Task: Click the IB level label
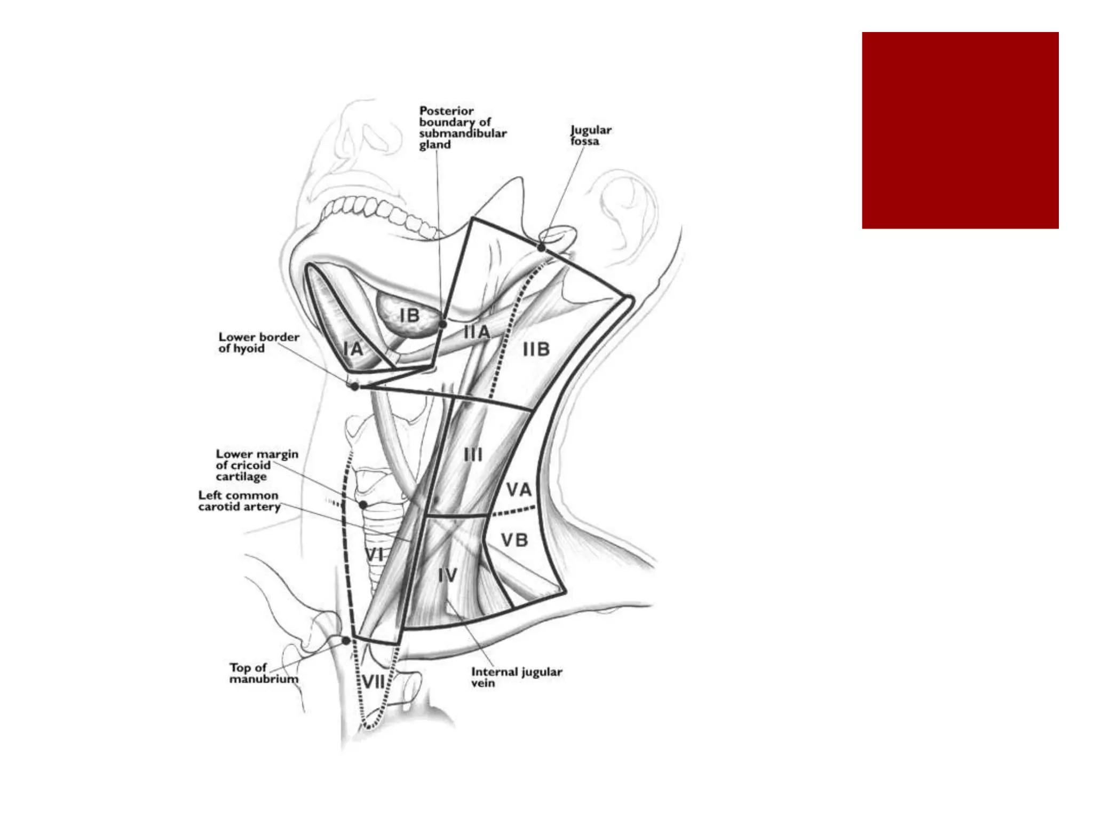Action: point(409,316)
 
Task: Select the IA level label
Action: point(353,349)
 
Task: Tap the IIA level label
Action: point(476,332)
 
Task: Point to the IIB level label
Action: point(536,350)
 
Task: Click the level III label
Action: point(473,455)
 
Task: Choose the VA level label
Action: point(519,490)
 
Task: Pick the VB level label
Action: point(514,540)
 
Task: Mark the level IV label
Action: point(447,575)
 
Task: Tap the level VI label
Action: point(375,554)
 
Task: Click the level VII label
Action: point(374,682)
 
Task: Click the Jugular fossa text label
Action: point(590,136)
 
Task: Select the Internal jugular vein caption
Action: point(516,677)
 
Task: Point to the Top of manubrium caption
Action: point(264,673)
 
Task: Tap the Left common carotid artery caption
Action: point(239,501)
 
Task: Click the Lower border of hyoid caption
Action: point(259,343)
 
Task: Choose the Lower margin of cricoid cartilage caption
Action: point(257,465)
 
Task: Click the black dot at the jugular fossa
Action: point(541,248)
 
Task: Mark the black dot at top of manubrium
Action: point(346,641)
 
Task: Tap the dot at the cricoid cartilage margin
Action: point(363,504)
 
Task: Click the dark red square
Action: point(960,130)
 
